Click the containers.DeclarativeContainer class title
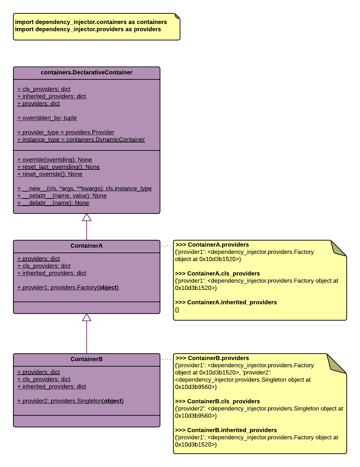point(87,73)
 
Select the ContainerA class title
point(87,246)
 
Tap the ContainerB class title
point(87,359)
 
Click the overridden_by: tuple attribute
point(47,118)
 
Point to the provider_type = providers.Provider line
point(66,132)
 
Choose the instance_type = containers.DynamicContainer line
point(81,140)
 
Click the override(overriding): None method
point(55,160)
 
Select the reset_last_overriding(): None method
point(59,167)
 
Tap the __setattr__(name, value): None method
point(62,196)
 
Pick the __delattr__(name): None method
point(53,203)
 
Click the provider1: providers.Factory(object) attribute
point(68,288)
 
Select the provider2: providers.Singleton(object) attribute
point(70,401)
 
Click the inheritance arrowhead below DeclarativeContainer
point(87,217)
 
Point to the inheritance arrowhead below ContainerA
point(87,318)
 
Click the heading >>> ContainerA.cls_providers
point(217,274)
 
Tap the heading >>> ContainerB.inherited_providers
point(226,430)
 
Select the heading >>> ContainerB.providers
point(212,358)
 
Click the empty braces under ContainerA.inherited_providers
point(177,310)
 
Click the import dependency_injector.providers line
point(88,29)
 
